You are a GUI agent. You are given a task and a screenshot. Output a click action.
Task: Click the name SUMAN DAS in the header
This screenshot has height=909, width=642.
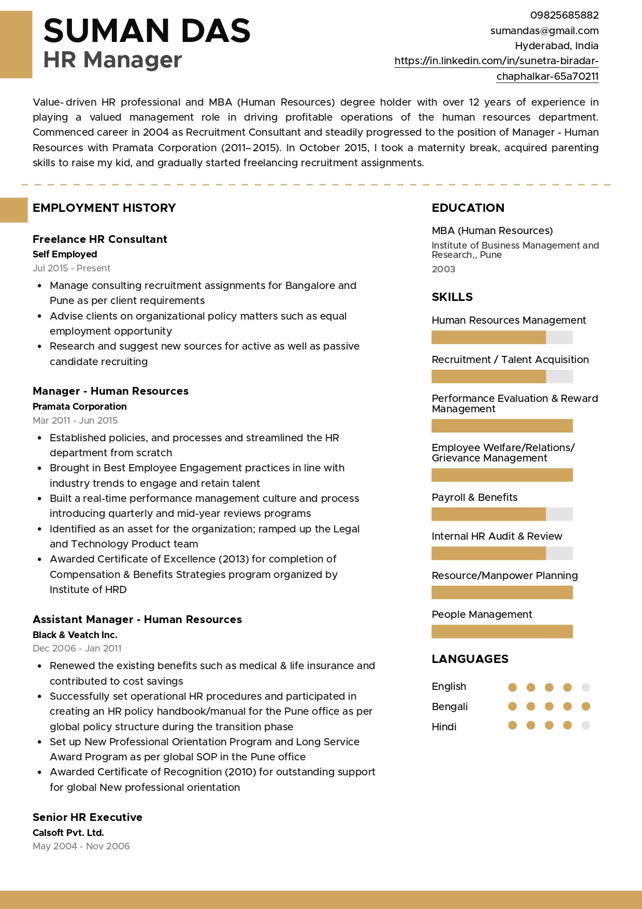pyautogui.click(x=147, y=31)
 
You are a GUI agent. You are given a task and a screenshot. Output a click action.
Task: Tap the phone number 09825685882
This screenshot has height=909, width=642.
pyautogui.click(x=564, y=16)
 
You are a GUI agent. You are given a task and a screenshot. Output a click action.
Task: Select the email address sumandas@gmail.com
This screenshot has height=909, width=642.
pyautogui.click(x=544, y=31)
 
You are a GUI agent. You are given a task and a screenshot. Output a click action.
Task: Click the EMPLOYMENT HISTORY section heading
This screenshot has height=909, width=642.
pyautogui.click(x=104, y=208)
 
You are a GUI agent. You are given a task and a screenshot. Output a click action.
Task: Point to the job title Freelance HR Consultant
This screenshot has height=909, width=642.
pyautogui.click(x=100, y=239)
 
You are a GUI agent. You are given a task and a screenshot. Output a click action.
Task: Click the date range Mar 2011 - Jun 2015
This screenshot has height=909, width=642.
pyautogui.click(x=75, y=421)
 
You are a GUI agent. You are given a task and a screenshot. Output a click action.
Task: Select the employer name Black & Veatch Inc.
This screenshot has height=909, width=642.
pyautogui.click(x=75, y=635)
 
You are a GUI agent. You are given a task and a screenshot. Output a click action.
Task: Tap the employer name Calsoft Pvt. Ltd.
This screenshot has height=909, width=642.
pyautogui.click(x=68, y=833)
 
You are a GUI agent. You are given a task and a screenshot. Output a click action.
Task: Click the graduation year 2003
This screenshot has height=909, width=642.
pyautogui.click(x=444, y=269)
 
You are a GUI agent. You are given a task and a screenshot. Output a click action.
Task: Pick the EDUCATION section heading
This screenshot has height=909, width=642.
pyautogui.click(x=468, y=208)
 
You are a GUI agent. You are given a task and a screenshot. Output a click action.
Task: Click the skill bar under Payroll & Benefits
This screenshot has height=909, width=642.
pyautogui.click(x=502, y=514)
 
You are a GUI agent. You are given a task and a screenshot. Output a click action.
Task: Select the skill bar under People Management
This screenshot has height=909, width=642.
pyautogui.click(x=502, y=631)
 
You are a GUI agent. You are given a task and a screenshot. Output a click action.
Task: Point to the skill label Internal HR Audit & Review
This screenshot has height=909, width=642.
pyautogui.click(x=497, y=536)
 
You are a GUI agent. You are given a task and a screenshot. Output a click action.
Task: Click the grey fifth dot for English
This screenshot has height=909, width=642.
pyautogui.click(x=586, y=687)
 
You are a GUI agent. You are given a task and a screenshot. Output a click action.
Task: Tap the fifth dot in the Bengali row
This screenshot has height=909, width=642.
pyautogui.click(x=586, y=706)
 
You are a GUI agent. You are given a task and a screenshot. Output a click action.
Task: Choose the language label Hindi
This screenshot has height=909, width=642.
pyautogui.click(x=444, y=727)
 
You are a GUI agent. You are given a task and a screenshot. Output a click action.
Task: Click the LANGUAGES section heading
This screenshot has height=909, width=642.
pyautogui.click(x=470, y=659)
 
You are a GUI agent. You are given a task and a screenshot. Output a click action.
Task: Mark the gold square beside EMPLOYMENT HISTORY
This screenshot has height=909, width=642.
pyautogui.click(x=13, y=210)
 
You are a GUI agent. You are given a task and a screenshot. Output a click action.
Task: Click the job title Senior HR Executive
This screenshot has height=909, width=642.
pyautogui.click(x=87, y=817)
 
